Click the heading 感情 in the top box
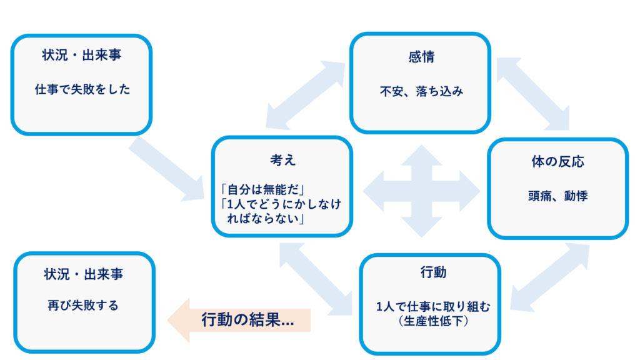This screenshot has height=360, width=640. click(421, 57)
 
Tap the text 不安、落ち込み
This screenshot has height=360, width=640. click(421, 91)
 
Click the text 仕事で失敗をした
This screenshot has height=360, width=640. click(82, 89)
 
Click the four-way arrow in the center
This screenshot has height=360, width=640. click(420, 191)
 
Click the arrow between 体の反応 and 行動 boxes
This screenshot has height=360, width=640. click(549, 276)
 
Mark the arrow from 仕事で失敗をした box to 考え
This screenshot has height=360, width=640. click(168, 169)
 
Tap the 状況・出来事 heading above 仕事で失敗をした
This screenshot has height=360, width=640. click(82, 55)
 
